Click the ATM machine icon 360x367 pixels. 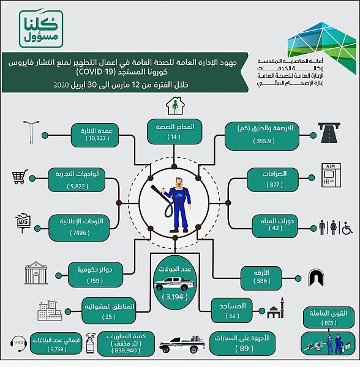click(331, 176)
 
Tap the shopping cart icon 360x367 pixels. click(20, 177)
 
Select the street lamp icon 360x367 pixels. click(31, 132)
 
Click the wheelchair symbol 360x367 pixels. click(347, 228)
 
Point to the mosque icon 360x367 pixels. click(276, 308)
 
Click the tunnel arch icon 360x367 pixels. click(316, 278)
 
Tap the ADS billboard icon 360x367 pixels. click(23, 223)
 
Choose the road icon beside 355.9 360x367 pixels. click(329, 133)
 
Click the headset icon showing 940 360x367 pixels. click(18, 344)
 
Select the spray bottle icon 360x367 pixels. click(91, 343)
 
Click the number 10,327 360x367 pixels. click(97, 138)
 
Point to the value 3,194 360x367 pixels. click(174, 297)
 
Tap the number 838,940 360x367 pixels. click(126, 350)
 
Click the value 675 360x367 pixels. click(329, 323)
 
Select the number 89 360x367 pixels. click(244, 348)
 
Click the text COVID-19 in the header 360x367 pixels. click(95, 72)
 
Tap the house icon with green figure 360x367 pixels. click(175, 106)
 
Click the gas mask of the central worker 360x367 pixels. click(179, 185)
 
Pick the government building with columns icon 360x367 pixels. click(36, 273)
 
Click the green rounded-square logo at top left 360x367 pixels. click(41, 29)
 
